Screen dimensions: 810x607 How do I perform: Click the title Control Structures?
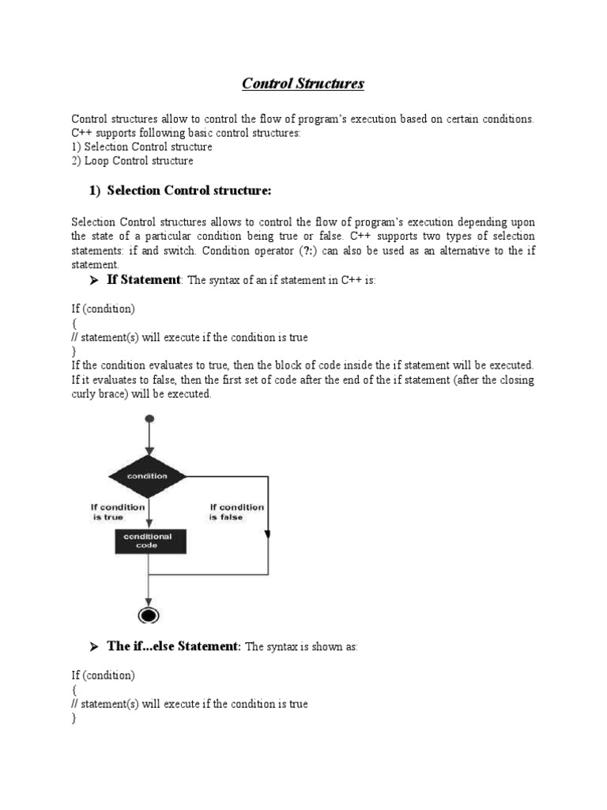pos(303,83)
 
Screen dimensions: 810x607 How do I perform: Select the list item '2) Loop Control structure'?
pos(132,161)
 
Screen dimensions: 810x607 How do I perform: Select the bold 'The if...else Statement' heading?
pos(173,646)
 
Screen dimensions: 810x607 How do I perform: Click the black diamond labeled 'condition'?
pos(147,476)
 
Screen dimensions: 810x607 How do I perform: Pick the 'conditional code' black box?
pos(147,541)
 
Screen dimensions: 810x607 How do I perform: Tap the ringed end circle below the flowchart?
pos(147,615)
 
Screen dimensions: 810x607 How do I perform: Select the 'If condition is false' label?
pos(236,512)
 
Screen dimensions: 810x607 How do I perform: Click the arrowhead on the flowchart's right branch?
pos(269,535)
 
